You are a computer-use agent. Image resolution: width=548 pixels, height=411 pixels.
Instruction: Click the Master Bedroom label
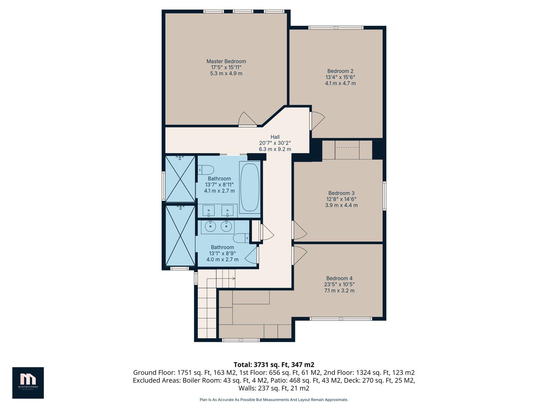(226, 61)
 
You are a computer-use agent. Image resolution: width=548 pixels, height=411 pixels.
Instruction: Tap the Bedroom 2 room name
(340, 71)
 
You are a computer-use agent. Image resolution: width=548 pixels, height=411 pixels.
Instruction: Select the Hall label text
(275, 137)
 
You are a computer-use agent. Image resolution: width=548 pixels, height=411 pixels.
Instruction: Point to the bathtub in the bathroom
(250, 186)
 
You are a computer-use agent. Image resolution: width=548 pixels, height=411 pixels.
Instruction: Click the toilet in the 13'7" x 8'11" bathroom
(205, 169)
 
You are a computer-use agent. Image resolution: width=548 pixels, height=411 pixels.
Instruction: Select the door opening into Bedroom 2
(317, 121)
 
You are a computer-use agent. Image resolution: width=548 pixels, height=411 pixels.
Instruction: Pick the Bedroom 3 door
(299, 230)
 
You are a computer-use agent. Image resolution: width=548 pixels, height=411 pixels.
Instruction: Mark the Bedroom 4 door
(299, 255)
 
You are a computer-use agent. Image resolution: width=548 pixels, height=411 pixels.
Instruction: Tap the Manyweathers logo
(28, 382)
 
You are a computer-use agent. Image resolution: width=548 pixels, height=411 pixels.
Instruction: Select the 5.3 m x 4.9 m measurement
(226, 73)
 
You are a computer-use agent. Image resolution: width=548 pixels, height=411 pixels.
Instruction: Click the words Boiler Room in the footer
(200, 381)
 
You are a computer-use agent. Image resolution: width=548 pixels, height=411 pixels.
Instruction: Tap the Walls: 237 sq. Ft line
(274, 389)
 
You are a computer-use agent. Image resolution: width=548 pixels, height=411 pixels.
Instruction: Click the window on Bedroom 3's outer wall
(384, 196)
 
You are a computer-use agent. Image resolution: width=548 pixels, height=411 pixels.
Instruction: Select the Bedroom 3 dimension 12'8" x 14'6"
(341, 199)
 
